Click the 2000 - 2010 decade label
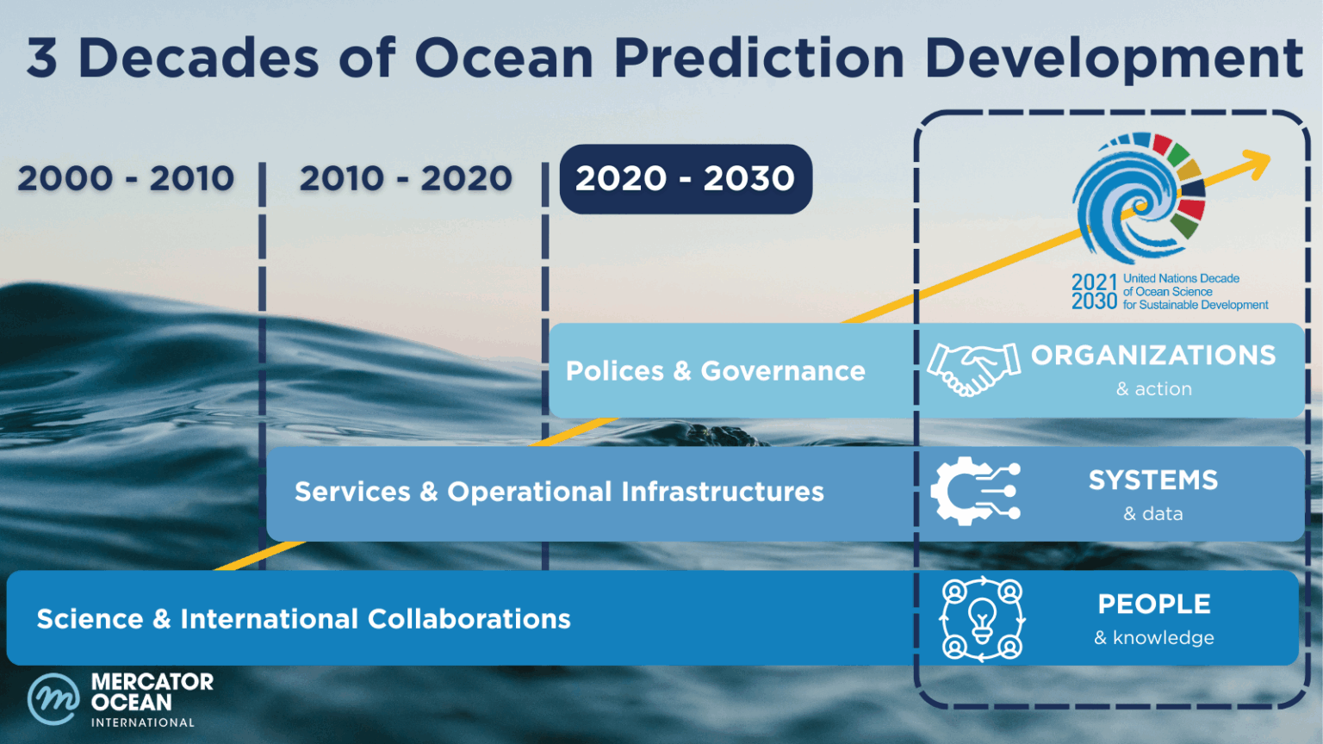click(x=126, y=179)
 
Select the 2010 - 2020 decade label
click(x=406, y=179)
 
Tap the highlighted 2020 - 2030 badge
click(x=686, y=179)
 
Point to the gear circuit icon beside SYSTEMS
click(x=975, y=492)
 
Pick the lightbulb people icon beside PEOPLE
click(x=982, y=618)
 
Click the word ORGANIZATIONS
click(x=1153, y=356)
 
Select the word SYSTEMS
click(x=1153, y=480)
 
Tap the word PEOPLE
click(x=1154, y=604)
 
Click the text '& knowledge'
click(x=1154, y=638)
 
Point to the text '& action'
click(x=1154, y=389)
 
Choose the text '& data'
click(x=1153, y=514)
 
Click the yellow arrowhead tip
click(x=1260, y=161)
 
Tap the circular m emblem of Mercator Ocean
click(x=53, y=699)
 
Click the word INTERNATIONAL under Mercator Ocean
click(x=143, y=722)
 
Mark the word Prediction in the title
click(x=758, y=59)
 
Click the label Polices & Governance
click(x=715, y=371)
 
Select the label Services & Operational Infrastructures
click(x=559, y=492)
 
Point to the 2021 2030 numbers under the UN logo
click(x=1094, y=292)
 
